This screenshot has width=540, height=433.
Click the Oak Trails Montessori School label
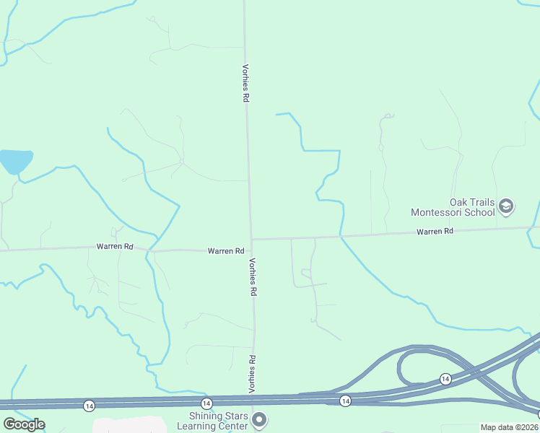pyautogui.click(x=453, y=207)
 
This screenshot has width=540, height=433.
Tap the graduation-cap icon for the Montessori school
pyautogui.click(x=506, y=207)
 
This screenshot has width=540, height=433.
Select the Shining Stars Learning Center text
pyautogui.click(x=219, y=420)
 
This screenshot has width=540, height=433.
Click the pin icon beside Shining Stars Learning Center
pyautogui.click(x=261, y=419)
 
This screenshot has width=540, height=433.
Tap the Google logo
pyautogui.click(x=23, y=424)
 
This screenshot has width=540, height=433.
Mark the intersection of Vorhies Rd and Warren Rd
pyautogui.click(x=251, y=239)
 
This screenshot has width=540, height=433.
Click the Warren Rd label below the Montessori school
pyautogui.click(x=435, y=232)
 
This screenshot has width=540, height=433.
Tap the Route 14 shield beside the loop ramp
pyautogui.click(x=445, y=379)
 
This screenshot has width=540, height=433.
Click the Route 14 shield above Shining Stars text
pyautogui.click(x=206, y=403)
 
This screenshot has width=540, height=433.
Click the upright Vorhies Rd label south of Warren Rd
pyautogui.click(x=253, y=278)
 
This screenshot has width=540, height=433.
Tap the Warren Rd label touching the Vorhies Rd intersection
pyautogui.click(x=225, y=251)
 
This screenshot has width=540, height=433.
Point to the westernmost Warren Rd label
pyautogui.click(x=115, y=247)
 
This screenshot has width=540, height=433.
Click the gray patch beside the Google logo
pyautogui.click(x=130, y=425)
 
